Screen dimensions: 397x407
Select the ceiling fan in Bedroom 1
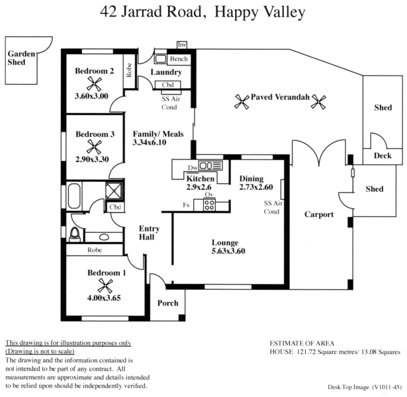[105, 285]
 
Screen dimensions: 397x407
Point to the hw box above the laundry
[181, 45]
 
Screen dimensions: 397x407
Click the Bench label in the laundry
[179, 59]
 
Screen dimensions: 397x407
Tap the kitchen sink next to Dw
[209, 165]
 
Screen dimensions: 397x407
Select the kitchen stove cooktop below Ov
[210, 204]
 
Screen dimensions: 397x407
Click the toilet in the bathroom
[74, 234]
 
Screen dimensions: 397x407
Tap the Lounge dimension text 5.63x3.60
[224, 251]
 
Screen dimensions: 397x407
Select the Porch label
[167, 303]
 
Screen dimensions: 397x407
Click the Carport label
[318, 214]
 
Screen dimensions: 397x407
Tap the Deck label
[383, 156]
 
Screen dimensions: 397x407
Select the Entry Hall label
[148, 232]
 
